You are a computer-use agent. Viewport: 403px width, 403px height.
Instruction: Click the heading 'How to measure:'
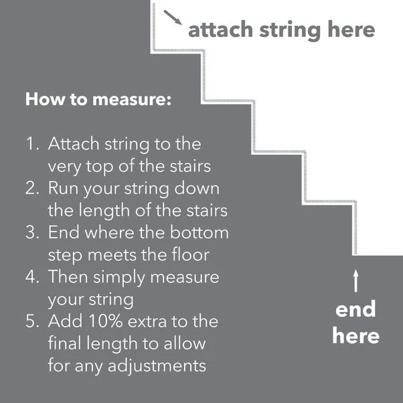click(98, 100)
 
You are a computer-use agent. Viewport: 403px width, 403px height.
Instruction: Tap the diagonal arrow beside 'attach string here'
click(173, 17)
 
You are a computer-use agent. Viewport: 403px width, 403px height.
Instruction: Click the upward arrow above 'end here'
click(355, 280)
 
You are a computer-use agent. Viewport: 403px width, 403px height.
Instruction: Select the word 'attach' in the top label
click(216, 30)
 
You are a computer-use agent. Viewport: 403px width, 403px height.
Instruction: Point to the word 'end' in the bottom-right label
click(355, 309)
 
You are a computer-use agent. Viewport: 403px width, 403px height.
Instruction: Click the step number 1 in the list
click(31, 144)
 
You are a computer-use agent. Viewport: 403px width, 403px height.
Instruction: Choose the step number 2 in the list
click(32, 188)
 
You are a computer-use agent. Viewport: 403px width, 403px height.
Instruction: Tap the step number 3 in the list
click(32, 232)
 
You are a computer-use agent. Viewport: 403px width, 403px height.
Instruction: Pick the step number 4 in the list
click(32, 276)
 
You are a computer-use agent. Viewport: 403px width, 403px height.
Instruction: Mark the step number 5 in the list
click(32, 321)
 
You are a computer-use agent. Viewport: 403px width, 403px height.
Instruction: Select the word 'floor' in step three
click(198, 255)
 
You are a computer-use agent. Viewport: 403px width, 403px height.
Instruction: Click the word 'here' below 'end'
click(355, 335)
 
